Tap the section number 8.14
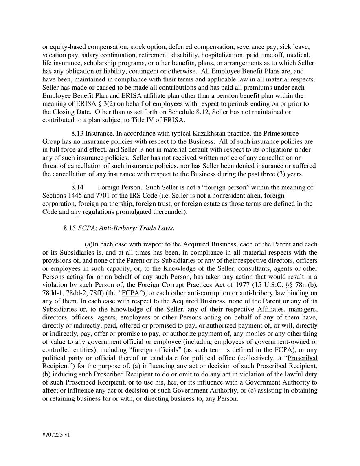(77, 187)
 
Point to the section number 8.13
(78, 133)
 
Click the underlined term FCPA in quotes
(130, 293)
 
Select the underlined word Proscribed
(302, 358)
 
